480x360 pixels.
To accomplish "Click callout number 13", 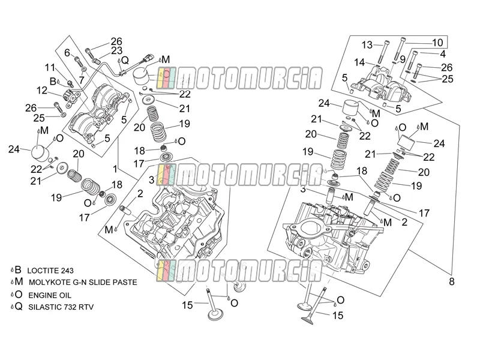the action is pyautogui.click(x=367, y=44).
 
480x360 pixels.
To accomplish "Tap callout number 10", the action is pyautogui.click(x=437, y=43).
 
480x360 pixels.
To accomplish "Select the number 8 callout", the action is pyautogui.click(x=452, y=281).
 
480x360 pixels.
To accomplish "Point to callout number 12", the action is pyautogui.click(x=42, y=91).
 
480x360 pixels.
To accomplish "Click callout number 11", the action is pyautogui.click(x=50, y=67).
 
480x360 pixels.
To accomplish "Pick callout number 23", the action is pyautogui.click(x=116, y=50).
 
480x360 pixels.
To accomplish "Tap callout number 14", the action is pyautogui.click(x=359, y=62).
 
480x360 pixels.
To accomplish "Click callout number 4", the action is pyautogui.click(x=443, y=54).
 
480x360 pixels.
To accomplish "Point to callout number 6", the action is pyautogui.click(x=67, y=53).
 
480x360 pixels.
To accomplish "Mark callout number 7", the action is pyautogui.click(x=82, y=80).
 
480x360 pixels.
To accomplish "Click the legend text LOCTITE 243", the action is pyautogui.click(x=50, y=271).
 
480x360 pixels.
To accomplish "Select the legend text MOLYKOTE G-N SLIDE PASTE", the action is pyautogui.click(x=83, y=282).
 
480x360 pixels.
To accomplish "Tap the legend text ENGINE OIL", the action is pyautogui.click(x=50, y=295).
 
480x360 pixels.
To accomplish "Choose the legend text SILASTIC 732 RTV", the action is pyautogui.click(x=61, y=307).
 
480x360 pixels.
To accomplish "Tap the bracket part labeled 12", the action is pyautogui.click(x=71, y=98).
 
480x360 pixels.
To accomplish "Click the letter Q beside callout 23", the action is pyautogui.click(x=125, y=61).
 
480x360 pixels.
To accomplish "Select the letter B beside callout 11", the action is pyautogui.click(x=53, y=82).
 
